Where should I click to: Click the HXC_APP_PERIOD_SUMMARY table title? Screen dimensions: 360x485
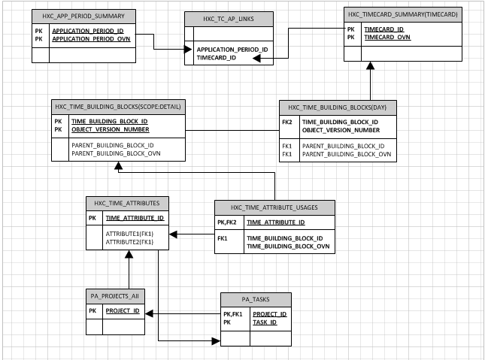coord(83,16)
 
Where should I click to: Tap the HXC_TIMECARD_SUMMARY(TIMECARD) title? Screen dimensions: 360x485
coord(402,14)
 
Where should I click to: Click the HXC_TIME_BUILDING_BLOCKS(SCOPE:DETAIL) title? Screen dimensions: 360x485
coord(118,107)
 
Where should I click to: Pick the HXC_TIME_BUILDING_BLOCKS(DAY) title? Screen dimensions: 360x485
coord(337,107)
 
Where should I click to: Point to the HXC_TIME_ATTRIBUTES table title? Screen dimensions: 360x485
coord(127,203)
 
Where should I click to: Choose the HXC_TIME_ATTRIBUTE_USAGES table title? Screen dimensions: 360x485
coord(275,207)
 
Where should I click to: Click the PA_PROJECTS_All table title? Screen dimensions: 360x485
coord(114,296)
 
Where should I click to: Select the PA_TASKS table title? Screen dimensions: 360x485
coord(255,299)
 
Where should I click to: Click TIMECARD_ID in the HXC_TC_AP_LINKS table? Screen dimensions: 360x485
coord(217,57)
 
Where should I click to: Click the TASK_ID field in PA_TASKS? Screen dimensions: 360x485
coord(264,322)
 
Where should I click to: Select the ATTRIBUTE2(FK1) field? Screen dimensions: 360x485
coord(129,242)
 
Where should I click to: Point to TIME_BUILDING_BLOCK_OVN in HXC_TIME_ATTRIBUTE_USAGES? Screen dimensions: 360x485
coord(288,246)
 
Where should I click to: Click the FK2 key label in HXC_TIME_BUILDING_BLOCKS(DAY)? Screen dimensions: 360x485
coord(287,122)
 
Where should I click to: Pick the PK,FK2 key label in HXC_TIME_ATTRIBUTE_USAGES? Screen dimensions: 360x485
coord(227,222)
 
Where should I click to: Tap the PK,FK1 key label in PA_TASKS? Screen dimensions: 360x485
coord(232,314)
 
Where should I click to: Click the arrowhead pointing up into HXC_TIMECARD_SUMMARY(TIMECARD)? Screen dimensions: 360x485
coord(370,67)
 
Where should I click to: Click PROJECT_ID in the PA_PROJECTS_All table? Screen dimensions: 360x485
coord(122,310)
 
